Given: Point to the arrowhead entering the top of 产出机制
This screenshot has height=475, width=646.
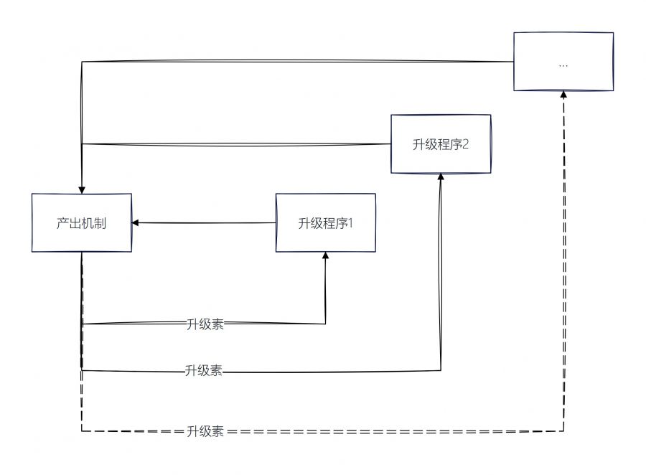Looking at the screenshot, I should point(82,189).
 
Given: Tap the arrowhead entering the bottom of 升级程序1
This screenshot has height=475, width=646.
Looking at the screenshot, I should point(326,256).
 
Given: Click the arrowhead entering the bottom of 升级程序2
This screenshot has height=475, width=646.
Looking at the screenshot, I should point(441,177).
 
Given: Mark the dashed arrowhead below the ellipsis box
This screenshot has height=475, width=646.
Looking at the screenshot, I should point(563,95).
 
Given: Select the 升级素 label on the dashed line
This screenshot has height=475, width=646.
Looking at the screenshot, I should point(205,432).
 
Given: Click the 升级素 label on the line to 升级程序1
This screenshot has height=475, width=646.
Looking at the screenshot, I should point(205,324).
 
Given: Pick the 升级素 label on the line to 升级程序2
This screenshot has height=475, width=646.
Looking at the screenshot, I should point(203,371).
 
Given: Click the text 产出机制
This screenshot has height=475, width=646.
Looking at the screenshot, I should point(81,223).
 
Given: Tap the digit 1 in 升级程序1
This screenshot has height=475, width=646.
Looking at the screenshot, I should point(351,223).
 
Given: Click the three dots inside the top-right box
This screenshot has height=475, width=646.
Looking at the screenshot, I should point(563,64).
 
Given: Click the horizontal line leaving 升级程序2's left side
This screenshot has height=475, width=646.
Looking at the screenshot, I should point(237,144).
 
